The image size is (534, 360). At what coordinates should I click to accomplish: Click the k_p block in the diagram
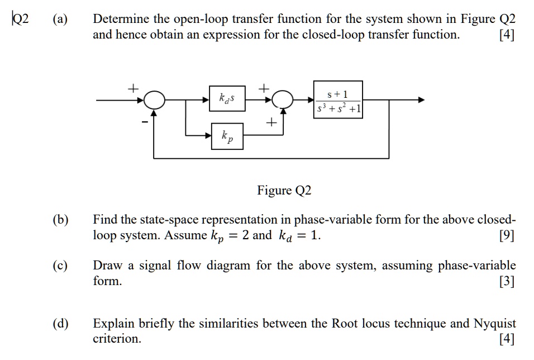tap(227, 135)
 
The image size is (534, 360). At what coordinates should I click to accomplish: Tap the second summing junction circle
tap(285, 101)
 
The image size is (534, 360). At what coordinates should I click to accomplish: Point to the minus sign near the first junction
tap(145, 120)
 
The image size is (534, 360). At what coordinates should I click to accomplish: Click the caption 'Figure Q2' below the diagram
tap(283, 191)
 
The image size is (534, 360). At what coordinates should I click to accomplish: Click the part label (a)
tap(60, 20)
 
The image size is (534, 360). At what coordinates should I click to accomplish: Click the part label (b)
tap(60, 220)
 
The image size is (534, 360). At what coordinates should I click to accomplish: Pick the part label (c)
tap(60, 266)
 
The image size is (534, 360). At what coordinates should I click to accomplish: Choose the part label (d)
tap(60, 324)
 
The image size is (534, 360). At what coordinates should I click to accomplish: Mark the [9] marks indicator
tap(506, 235)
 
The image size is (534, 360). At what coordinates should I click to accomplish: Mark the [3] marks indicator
tap(506, 281)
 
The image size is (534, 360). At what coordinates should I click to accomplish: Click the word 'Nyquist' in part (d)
tap(495, 324)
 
